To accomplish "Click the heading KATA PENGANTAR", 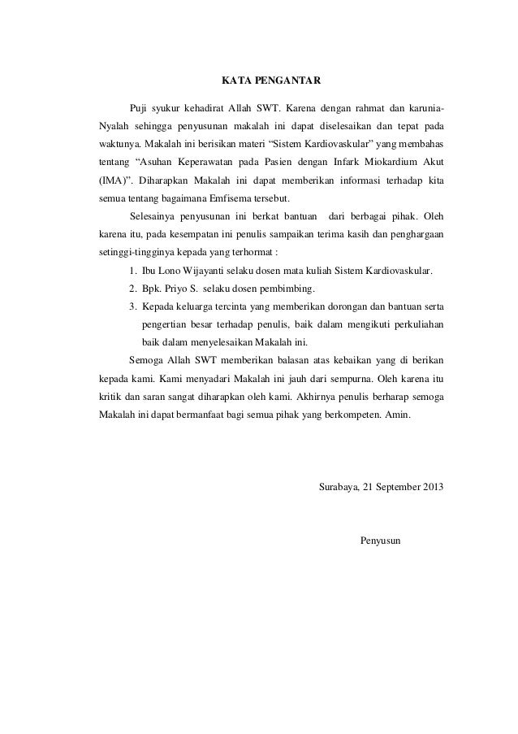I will pyautogui.click(x=271, y=81).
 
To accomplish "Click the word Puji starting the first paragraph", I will pyautogui.click(x=140, y=109).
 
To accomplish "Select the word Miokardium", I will pyautogui.click(x=389, y=163).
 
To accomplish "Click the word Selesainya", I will pyautogui.click(x=154, y=216).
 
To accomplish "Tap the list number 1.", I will pyautogui.click(x=132, y=270).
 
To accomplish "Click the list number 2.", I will pyautogui.click(x=132, y=288).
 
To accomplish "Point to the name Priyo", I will pyautogui.click(x=175, y=288).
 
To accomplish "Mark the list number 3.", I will pyautogui.click(x=132, y=306).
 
